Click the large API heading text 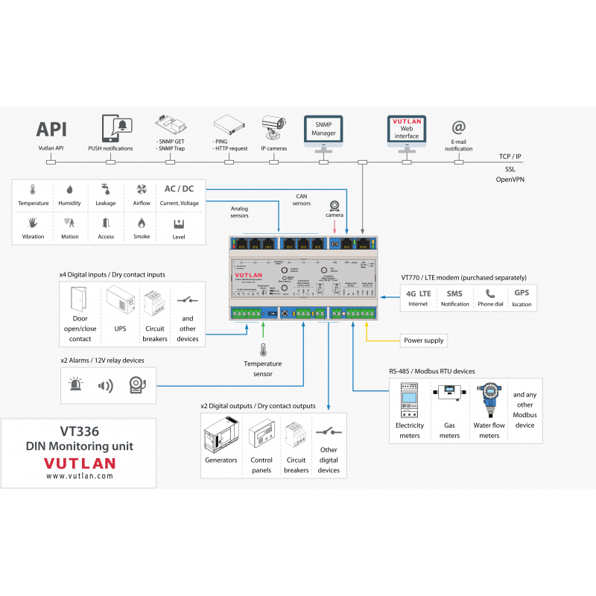coord(51,128)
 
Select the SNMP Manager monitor coord(323,130)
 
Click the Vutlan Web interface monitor coord(407,130)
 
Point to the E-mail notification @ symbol coord(459,128)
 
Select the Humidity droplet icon coord(69,190)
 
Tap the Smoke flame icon coord(142,223)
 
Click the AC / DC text coord(179,189)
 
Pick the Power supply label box coord(423,340)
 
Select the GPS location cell coord(521,298)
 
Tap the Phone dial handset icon coord(489,294)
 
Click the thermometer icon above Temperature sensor coord(262,349)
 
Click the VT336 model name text coord(79,431)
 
